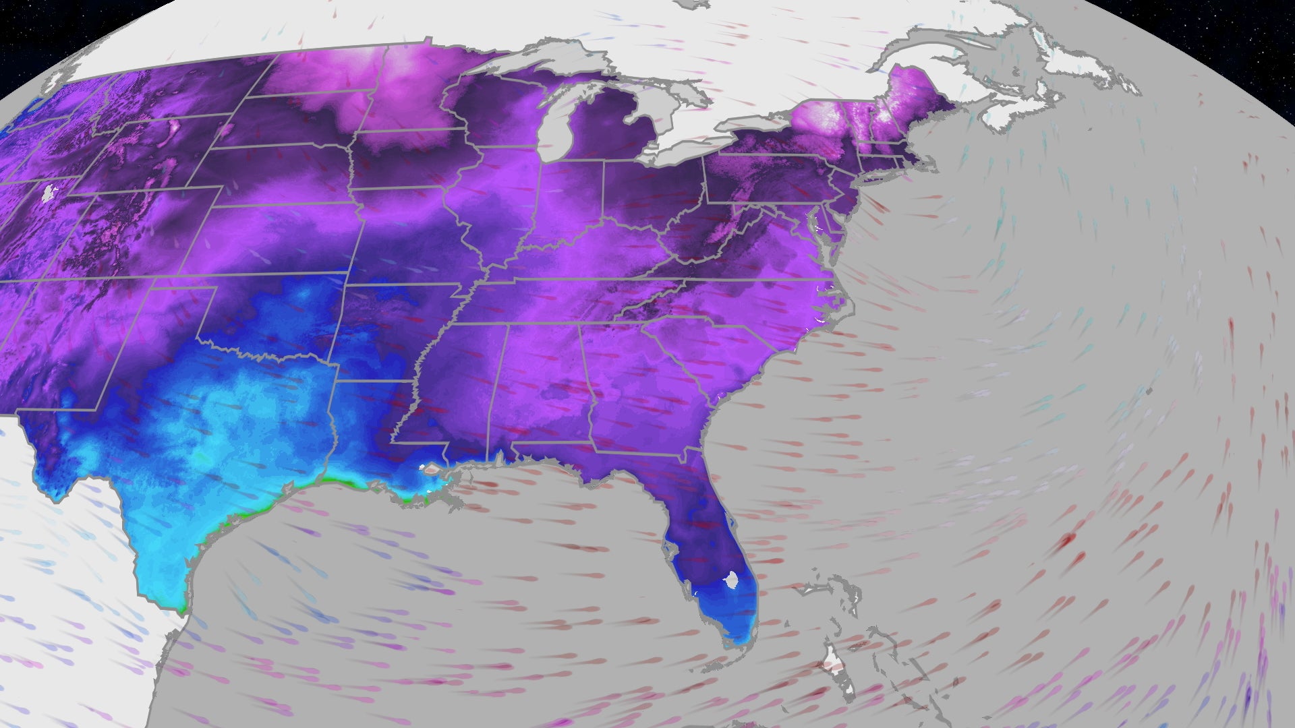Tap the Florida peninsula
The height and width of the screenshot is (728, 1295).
(708, 553)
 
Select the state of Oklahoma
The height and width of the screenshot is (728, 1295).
(270, 317)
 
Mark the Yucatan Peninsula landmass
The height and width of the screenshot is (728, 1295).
(81, 674)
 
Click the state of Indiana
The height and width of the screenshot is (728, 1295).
(573, 202)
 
